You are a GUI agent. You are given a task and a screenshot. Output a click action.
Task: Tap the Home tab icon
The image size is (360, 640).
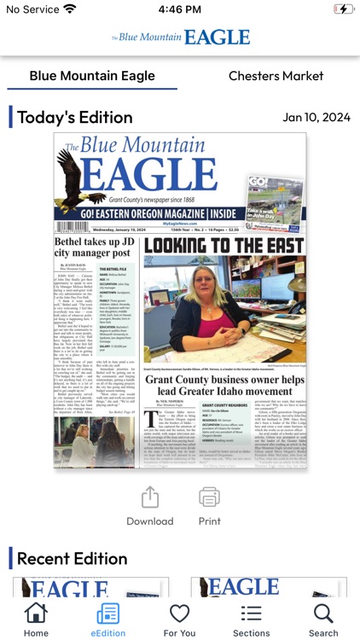[x=36, y=614]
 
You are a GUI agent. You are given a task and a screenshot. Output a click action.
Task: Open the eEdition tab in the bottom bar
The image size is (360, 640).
[x=108, y=614]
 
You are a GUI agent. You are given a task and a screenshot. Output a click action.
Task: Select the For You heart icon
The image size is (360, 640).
[x=179, y=614]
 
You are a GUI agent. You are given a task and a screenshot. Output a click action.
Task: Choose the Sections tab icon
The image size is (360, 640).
[x=251, y=614]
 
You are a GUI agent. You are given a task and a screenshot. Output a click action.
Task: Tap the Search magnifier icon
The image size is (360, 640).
[x=323, y=614]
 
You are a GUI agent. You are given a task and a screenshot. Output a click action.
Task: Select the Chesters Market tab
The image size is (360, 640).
[x=276, y=76]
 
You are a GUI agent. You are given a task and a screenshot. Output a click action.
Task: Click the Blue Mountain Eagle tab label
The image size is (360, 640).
[x=92, y=76]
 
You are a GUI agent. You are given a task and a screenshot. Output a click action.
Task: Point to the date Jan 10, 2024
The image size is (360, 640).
[x=316, y=118]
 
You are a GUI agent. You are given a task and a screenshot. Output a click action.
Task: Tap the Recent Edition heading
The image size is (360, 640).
[x=72, y=559]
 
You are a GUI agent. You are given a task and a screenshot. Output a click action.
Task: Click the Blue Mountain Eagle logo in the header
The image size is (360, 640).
[x=180, y=37]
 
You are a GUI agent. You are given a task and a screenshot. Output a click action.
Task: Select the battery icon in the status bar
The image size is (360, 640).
[x=341, y=9]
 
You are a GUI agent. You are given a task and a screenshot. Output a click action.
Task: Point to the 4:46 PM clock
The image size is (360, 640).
[x=179, y=9]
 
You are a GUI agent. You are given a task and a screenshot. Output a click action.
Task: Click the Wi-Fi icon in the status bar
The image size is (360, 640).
[x=69, y=9]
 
